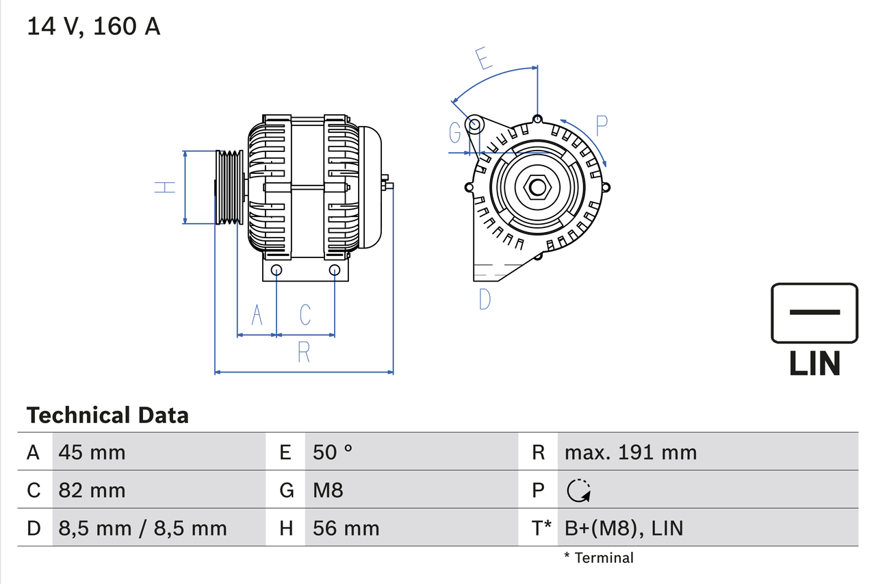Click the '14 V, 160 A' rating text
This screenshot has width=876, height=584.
[x=93, y=27]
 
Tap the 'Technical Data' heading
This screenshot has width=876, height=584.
[x=107, y=415]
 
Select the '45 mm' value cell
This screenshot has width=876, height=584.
[x=92, y=452]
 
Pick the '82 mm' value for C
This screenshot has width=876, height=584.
[x=92, y=490]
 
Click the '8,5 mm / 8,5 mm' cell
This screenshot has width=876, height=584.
[x=142, y=528]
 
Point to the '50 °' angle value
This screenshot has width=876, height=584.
[x=333, y=452]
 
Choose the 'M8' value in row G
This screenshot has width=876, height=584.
[x=328, y=490]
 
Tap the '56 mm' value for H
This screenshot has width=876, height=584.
[x=346, y=528]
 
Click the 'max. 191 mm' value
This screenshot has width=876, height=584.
[x=630, y=452]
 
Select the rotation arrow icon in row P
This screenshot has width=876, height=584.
[x=579, y=490]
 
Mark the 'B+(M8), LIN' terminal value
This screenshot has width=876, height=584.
[x=623, y=528]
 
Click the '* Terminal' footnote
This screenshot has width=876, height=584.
[x=599, y=558]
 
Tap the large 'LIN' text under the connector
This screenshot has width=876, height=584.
[x=814, y=364]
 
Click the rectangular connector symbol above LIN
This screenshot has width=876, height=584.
[x=814, y=313]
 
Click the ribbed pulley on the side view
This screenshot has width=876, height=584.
[x=229, y=186]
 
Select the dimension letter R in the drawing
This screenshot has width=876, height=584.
[x=304, y=353]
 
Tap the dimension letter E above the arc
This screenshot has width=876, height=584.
[x=484, y=59]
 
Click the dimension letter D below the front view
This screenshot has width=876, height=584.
[x=485, y=299]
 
